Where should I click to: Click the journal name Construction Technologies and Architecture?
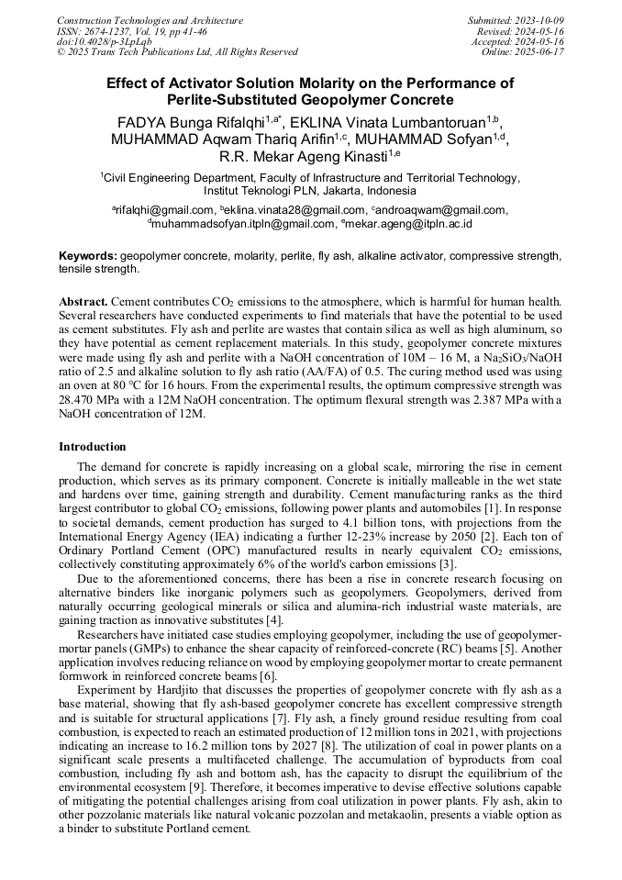(150, 20)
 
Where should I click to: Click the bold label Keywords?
(88, 256)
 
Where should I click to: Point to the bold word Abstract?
(83, 302)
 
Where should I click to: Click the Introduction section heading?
(92, 447)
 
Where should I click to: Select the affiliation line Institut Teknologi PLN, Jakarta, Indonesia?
(309, 191)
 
